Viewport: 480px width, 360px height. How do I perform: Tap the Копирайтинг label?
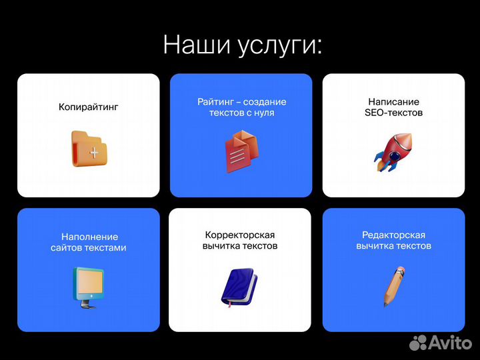pos(88,107)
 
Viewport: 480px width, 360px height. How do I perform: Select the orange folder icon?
pos(88,148)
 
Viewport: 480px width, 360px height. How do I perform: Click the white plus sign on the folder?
pos(94,153)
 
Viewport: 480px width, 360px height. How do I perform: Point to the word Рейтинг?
pos(215,102)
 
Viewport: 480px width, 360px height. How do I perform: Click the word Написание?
pos(393,102)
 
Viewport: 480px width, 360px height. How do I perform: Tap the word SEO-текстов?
pos(393,113)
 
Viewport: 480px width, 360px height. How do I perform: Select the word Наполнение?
pos(89,237)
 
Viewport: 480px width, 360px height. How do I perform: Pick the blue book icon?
pos(239,287)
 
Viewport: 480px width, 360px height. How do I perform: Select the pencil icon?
pos(393,285)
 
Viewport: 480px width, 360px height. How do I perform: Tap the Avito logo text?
pos(449,343)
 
